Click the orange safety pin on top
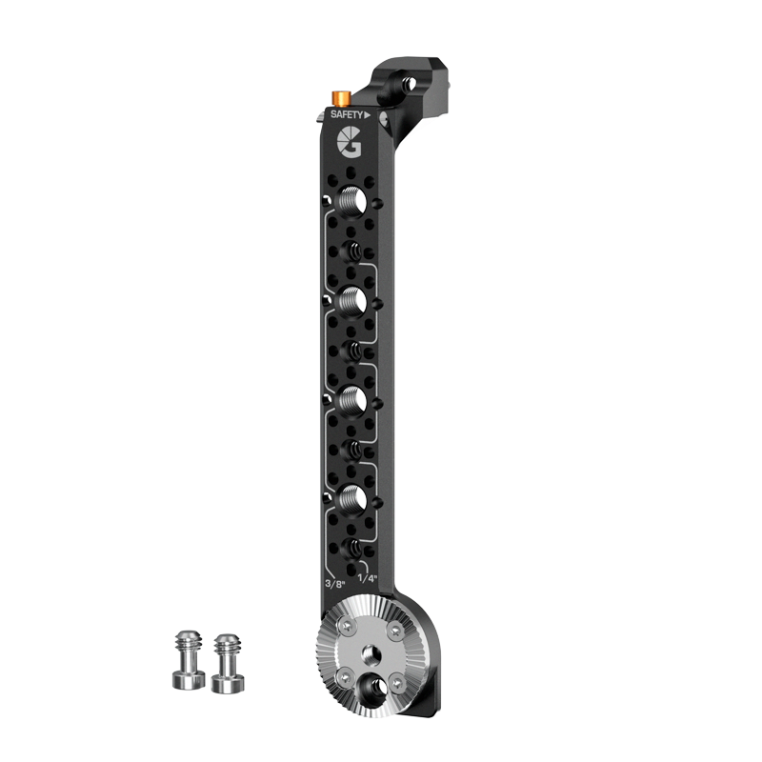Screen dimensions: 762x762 tap(341, 98)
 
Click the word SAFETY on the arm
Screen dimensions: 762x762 tap(347, 114)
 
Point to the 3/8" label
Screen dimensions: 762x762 tap(335, 583)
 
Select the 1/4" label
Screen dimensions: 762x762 tap(368, 578)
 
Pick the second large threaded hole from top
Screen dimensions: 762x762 tap(353, 299)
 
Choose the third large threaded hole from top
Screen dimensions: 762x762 tap(353, 398)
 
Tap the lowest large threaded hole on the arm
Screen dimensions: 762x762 tap(353, 497)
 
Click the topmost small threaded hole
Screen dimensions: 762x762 tap(352, 251)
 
